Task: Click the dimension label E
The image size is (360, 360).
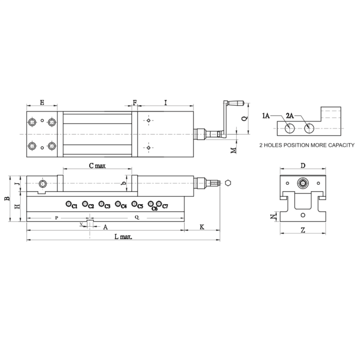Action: [x=42, y=102]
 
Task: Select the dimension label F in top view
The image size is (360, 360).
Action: [x=135, y=102]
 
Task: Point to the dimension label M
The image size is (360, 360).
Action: [x=233, y=150]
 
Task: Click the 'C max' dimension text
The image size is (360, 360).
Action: [x=97, y=165]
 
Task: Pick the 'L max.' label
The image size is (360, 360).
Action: [x=123, y=237]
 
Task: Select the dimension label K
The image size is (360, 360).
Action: [x=202, y=226]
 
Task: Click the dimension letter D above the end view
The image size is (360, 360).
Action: [x=303, y=165]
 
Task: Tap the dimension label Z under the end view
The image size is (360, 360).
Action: [x=303, y=230]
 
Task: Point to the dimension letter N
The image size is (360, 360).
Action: [x=273, y=216]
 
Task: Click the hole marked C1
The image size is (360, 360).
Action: [x=68, y=204]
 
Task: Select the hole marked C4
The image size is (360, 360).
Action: [x=118, y=204]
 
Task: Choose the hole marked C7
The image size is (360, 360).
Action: [x=159, y=203]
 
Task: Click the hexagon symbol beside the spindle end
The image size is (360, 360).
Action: [x=228, y=183]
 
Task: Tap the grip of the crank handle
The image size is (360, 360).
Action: [x=237, y=103]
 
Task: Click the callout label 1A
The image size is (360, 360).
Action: [x=266, y=115]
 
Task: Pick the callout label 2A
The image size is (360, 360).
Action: [x=290, y=115]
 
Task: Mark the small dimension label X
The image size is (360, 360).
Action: [x=81, y=224]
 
